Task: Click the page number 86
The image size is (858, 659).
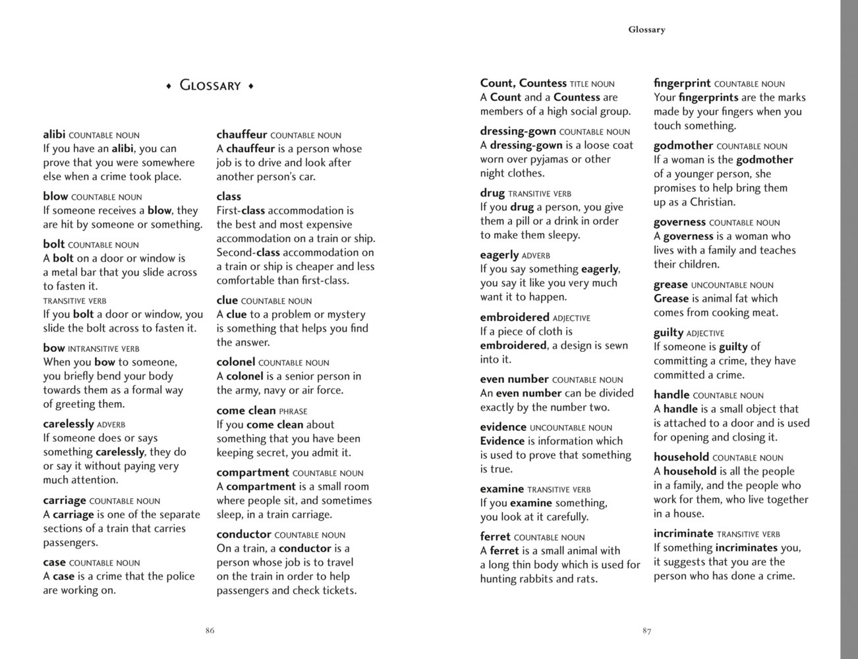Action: coord(210,631)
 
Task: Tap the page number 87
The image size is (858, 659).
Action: coord(646,631)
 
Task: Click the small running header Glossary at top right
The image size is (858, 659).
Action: coord(646,30)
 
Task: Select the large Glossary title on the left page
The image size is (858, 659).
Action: coord(210,86)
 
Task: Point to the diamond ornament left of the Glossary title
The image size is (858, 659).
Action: coord(169,86)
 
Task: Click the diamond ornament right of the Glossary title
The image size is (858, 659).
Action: coord(251,86)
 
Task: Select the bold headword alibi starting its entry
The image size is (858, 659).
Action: coord(54,134)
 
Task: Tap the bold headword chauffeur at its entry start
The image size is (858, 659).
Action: coord(242,134)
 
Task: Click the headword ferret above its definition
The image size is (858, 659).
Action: coord(495,536)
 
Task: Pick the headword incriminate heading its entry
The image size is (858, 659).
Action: coord(683,533)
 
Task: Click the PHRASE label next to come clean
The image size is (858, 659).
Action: coord(293,411)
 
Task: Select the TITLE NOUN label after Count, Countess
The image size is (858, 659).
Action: coord(592,84)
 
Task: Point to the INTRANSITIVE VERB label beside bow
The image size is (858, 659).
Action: coord(103,349)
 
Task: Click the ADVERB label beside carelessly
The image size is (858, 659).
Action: coord(111,425)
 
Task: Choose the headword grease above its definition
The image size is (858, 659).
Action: coord(671,284)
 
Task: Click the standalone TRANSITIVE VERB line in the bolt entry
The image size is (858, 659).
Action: coord(74,301)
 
